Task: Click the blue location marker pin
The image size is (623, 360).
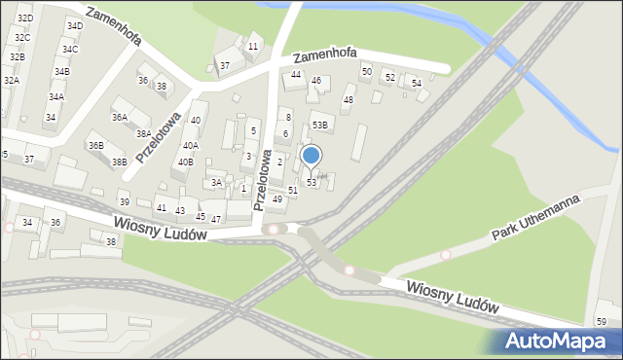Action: [x=311, y=156]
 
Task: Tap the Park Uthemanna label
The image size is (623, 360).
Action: [x=535, y=219]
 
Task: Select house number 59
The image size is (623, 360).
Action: [x=602, y=322]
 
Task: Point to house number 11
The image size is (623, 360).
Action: [x=253, y=46]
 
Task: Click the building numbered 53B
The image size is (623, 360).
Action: [x=320, y=126]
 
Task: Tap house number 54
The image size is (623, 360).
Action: [x=417, y=84]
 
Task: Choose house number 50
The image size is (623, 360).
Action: [x=367, y=72]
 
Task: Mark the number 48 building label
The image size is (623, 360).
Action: [x=348, y=100]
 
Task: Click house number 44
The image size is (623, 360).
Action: [x=296, y=75]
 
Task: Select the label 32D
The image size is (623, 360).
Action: [x=25, y=18]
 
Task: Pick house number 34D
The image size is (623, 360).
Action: [x=75, y=25]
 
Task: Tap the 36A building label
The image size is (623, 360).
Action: [x=119, y=117]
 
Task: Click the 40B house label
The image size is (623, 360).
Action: [x=185, y=162]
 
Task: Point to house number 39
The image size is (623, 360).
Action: [x=124, y=201]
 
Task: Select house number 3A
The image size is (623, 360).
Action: [x=217, y=183]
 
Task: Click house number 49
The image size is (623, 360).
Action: [x=277, y=199]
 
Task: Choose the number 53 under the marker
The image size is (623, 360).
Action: [x=311, y=183]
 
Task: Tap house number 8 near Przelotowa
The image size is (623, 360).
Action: [x=288, y=118]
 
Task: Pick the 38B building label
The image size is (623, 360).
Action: [x=119, y=162]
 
